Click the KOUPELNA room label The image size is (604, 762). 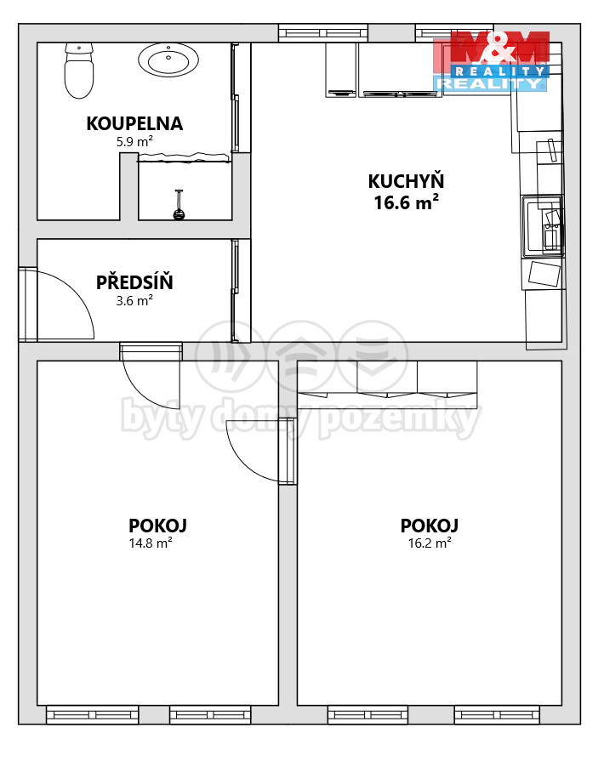(x=134, y=123)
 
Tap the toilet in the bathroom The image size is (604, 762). (x=79, y=71)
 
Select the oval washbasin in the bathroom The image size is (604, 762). (x=168, y=60)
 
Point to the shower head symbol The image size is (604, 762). (x=179, y=205)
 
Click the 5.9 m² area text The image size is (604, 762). (x=134, y=142)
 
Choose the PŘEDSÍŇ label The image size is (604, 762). (x=134, y=281)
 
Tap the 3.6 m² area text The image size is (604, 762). (x=134, y=301)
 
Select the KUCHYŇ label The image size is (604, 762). (x=406, y=181)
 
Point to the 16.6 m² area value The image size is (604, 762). (x=406, y=202)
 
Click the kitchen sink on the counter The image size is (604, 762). (x=543, y=226)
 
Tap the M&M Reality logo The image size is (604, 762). (x=492, y=61)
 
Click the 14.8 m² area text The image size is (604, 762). (x=151, y=543)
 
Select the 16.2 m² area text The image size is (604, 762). (x=430, y=543)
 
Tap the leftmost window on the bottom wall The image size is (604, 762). (x=93, y=715)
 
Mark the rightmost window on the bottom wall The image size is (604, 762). (x=497, y=715)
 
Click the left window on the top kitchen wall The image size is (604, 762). (x=323, y=32)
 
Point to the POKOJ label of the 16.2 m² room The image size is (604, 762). (x=430, y=526)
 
